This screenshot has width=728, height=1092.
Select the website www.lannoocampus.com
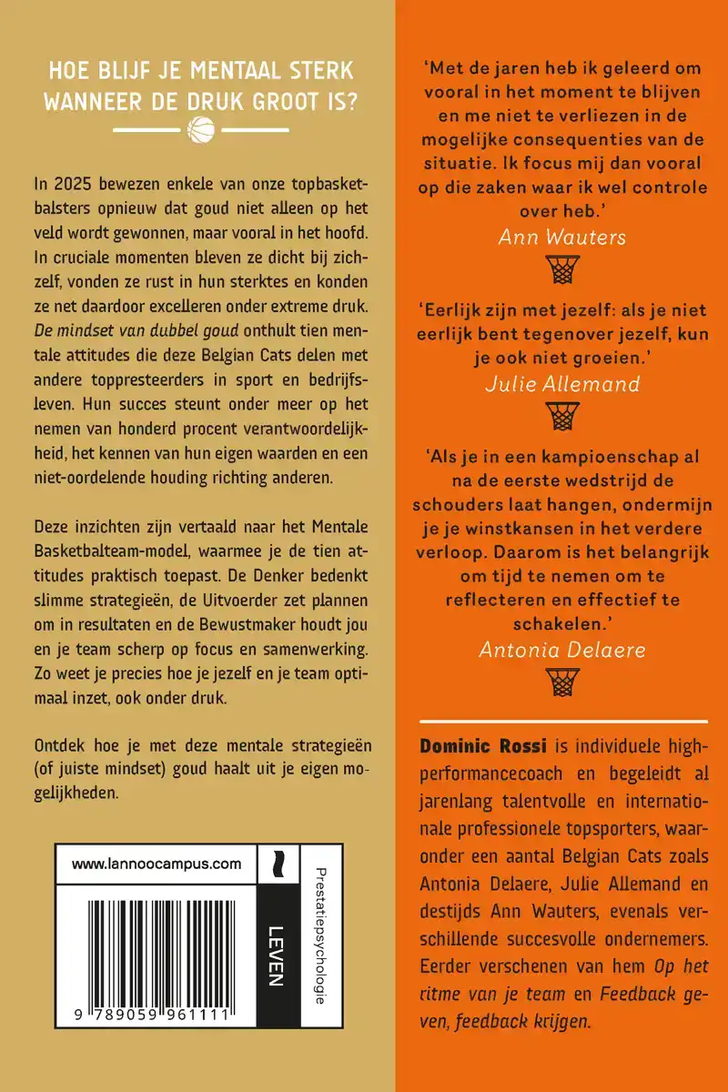(156, 864)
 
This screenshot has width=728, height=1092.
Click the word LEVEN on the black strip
(278, 955)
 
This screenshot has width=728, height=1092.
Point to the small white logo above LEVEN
(277, 864)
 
